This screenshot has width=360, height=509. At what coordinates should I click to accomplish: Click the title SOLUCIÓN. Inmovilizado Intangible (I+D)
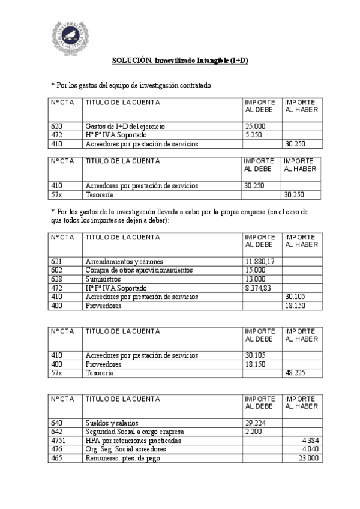pyautogui.click(x=180, y=61)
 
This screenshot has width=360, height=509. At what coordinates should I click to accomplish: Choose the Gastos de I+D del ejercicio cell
pyautogui.click(x=125, y=127)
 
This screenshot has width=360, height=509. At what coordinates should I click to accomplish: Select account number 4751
pyautogui.click(x=58, y=441)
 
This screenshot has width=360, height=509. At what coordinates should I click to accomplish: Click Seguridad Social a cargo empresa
pyautogui.click(x=134, y=432)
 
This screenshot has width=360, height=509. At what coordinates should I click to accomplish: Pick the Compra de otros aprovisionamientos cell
pyautogui.click(x=139, y=270)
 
